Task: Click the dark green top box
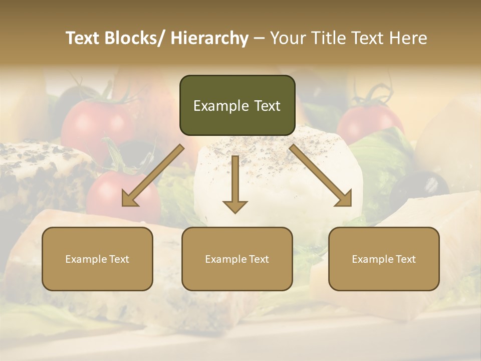click(237, 105)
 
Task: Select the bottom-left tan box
click(97, 259)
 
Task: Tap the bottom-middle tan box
click(237, 259)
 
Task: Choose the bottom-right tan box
click(384, 259)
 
